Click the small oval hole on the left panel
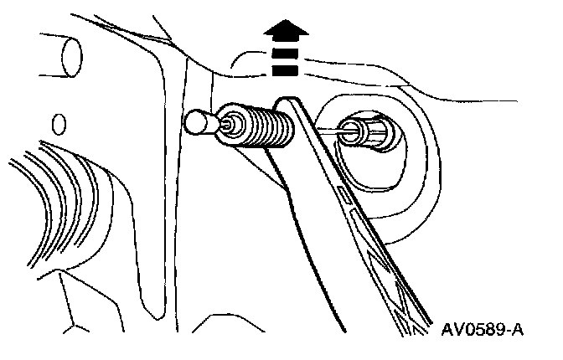[x=59, y=125]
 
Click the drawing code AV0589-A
[x=483, y=328]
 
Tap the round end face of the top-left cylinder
[x=72, y=57]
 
